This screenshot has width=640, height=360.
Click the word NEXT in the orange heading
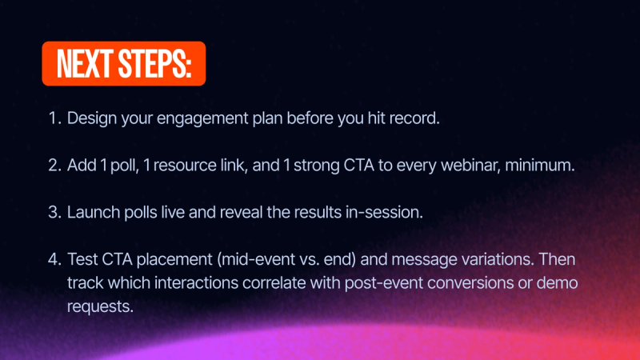click(83, 63)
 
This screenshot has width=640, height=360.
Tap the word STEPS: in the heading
click(154, 63)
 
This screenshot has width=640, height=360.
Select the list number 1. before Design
click(54, 118)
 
